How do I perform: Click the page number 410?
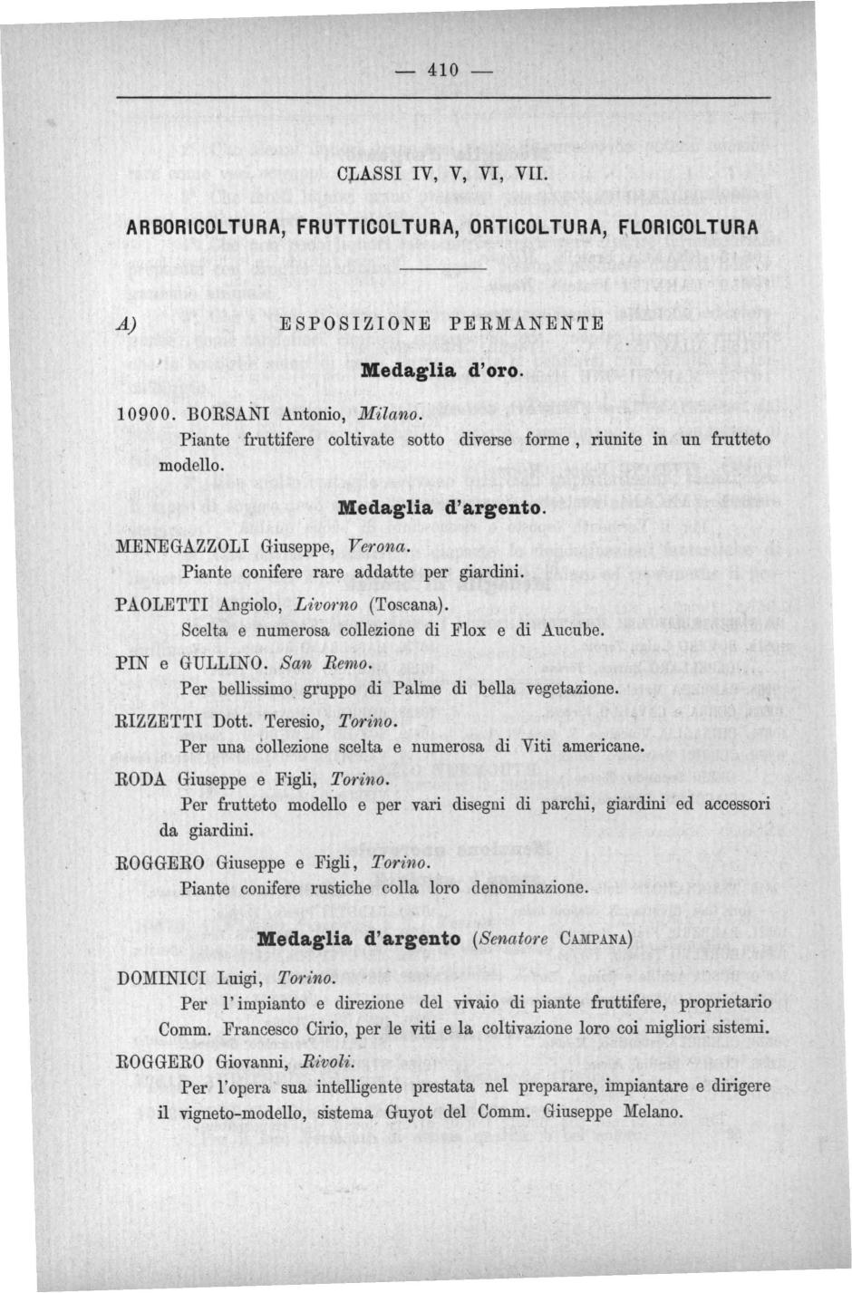(444, 71)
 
